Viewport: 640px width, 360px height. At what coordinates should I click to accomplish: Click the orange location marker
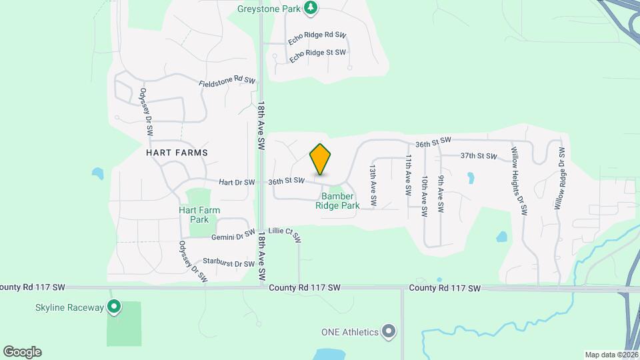pos(321,159)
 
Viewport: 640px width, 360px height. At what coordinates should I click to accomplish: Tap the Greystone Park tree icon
pos(311,8)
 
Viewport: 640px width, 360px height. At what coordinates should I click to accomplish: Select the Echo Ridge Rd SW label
pos(317,39)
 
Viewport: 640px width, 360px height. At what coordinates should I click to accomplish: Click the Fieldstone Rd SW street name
pos(227,82)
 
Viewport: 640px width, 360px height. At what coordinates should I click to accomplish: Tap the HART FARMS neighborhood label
pos(177,153)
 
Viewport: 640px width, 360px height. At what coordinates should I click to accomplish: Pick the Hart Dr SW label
pos(237,182)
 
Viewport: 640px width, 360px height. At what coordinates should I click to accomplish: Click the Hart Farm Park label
pos(199,215)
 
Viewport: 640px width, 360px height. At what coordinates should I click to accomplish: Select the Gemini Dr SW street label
pos(233,236)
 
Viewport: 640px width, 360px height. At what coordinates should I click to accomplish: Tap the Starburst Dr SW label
pos(229,264)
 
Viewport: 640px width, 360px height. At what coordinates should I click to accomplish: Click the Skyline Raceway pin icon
pos(115,307)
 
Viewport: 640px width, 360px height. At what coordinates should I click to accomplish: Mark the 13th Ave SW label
pos(373,186)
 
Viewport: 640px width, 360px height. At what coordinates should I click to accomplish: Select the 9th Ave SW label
pos(441,194)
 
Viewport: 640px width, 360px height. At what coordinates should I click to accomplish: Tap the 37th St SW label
pos(479,156)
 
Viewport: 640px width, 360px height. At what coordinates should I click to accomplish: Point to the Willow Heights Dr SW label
pos(519,181)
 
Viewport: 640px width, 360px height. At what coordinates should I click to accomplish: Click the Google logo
pos(22,352)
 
